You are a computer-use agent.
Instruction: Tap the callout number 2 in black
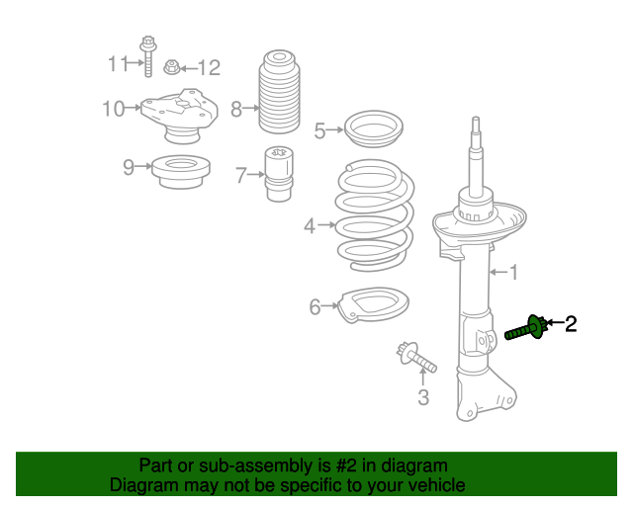coord(571,323)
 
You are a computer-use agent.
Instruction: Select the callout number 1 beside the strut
coord(512,271)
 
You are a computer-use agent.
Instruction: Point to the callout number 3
coord(423,398)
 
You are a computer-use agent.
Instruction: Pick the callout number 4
coord(310,226)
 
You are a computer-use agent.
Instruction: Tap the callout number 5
coord(319,130)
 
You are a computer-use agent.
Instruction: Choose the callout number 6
coord(315,307)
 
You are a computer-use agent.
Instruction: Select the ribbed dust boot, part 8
coord(278,93)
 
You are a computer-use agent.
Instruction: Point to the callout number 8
coord(236,109)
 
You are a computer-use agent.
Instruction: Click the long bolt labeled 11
coord(147,58)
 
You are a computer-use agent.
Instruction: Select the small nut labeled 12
coord(171,67)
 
